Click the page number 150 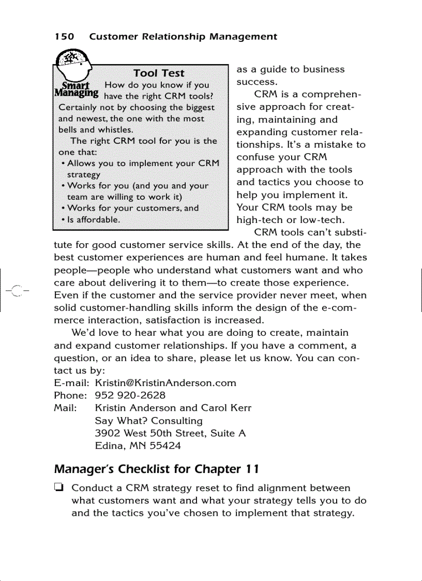(x=64, y=37)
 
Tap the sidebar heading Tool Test (x=159, y=73)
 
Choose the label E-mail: (x=72, y=383)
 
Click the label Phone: (x=70, y=395)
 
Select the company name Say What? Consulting (x=149, y=421)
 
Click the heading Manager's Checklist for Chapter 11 (x=157, y=469)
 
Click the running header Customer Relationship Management (x=183, y=37)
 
